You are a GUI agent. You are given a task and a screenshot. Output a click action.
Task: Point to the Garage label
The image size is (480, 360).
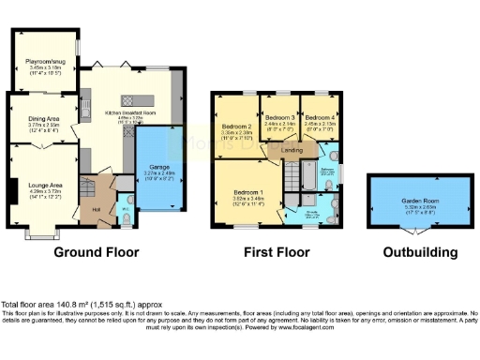(156, 170)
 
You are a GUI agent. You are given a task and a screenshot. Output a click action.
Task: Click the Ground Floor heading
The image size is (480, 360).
(96, 252)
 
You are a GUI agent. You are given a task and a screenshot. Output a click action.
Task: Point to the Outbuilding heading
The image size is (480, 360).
(420, 252)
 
